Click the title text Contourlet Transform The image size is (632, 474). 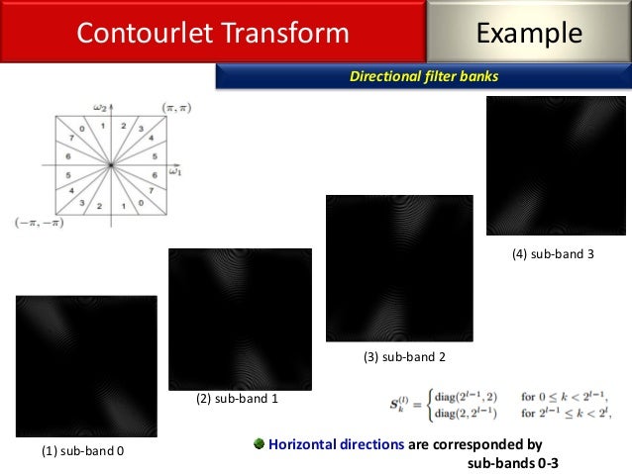(213, 33)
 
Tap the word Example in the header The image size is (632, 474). (529, 33)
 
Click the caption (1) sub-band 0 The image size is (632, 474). (82, 452)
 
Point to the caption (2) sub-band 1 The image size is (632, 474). (236, 399)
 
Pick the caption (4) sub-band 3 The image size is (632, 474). (553, 254)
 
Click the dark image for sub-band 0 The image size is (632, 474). (86, 366)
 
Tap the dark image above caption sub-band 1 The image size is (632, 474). (240, 319)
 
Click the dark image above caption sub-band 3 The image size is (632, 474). (556, 165)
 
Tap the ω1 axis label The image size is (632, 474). (174, 172)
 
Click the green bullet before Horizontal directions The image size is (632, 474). (260, 444)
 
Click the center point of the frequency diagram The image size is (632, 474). (111, 163)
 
